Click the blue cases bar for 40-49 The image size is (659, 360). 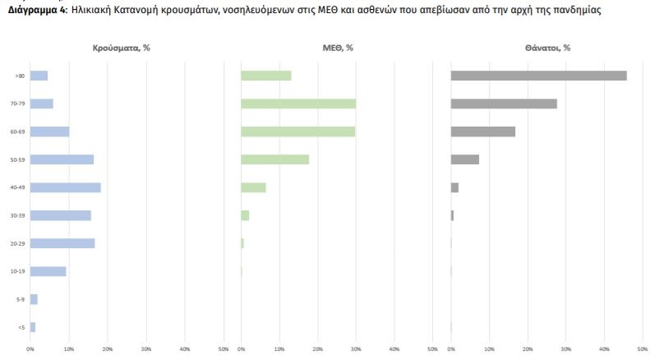[65, 187]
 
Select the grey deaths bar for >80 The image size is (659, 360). [538, 76]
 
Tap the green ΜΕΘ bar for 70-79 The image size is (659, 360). [298, 104]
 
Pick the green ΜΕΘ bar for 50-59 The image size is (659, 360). [274, 159]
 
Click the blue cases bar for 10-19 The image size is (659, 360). [48, 271]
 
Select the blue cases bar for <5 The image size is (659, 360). [33, 327]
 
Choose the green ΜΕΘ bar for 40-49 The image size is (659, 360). [253, 187]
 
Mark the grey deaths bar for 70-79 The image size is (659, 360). [504, 104]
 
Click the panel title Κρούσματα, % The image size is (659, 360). [121, 48]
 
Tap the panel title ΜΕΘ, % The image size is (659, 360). [333, 48]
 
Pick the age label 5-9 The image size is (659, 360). [21, 299]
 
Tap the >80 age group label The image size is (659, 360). [20, 76]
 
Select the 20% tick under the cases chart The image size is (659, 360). [108, 349]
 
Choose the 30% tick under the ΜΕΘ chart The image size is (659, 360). [356, 349]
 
